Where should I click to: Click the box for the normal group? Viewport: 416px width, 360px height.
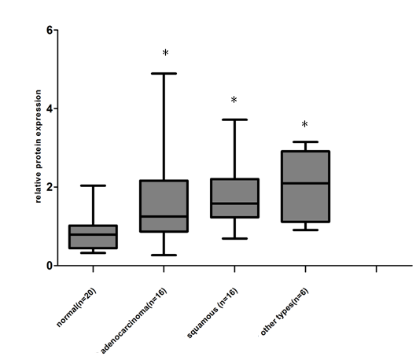[93, 237]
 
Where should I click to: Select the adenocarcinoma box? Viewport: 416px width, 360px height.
[164, 206]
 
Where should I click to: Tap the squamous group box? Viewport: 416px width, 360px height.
[234, 198]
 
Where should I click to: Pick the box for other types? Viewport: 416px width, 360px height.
[305, 186]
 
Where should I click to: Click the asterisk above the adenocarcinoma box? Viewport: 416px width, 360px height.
[165, 53]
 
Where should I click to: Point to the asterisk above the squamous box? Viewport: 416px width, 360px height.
[234, 101]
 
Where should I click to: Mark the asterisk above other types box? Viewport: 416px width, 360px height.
[304, 125]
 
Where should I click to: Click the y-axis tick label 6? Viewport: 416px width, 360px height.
[49, 30]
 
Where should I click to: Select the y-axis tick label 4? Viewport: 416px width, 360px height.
[49, 108]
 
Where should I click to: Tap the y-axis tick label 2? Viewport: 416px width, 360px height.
[49, 187]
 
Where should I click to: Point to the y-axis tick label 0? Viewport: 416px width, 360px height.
[49, 266]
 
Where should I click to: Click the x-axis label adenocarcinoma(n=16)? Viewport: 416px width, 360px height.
[134, 318]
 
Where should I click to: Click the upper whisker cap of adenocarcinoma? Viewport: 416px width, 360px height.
[164, 73]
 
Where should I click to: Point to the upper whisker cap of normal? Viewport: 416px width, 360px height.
[93, 186]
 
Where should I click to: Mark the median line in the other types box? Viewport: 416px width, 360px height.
[305, 183]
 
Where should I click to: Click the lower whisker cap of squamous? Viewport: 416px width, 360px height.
[234, 238]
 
